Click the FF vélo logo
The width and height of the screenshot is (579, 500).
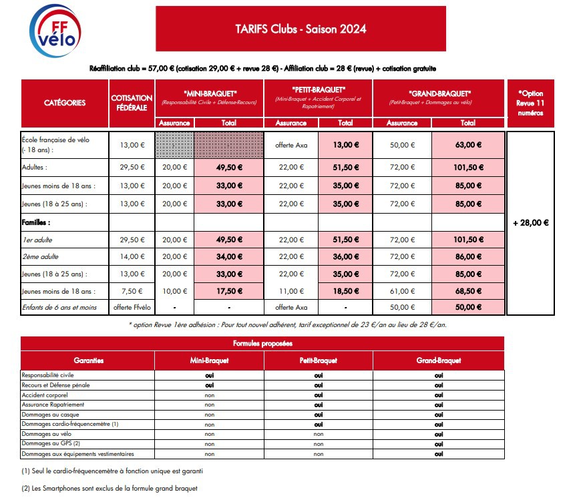pyautogui.click(x=55, y=31)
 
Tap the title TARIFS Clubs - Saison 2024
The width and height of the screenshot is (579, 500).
pyautogui.click(x=301, y=29)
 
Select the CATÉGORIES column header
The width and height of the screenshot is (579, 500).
pyautogui.click(x=65, y=103)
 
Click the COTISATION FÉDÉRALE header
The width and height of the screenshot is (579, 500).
pyautogui.click(x=132, y=103)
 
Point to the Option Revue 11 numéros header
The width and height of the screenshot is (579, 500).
pyautogui.click(x=530, y=103)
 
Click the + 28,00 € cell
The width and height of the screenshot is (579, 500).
pyautogui.click(x=531, y=222)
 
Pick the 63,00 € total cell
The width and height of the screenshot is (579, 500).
pyautogui.click(x=468, y=145)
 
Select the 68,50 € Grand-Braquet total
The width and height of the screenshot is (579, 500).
pyautogui.click(x=468, y=291)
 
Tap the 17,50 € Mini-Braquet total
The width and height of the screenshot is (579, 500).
pyautogui.click(x=229, y=291)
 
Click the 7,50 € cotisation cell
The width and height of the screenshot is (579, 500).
pyautogui.click(x=132, y=291)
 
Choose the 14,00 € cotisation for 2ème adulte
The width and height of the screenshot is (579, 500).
pyautogui.click(x=132, y=256)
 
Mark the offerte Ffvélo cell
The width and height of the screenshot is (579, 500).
pyautogui.click(x=132, y=307)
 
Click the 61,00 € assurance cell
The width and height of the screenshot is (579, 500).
pyautogui.click(x=402, y=291)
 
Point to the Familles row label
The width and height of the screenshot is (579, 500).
pyautogui.click(x=36, y=222)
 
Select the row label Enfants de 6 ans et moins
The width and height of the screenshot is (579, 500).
pyautogui.click(x=59, y=307)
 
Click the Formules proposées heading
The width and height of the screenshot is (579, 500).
pyautogui.click(x=262, y=343)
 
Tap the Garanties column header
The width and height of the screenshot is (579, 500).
pyautogui.click(x=89, y=360)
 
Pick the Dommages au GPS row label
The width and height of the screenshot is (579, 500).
pyautogui.click(x=51, y=443)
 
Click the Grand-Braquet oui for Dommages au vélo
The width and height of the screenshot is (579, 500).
pyautogui.click(x=439, y=435)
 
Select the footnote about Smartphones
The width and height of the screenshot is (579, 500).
pyautogui.click(x=110, y=488)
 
